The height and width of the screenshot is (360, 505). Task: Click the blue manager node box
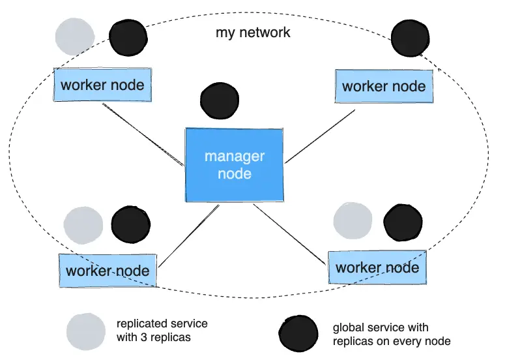pyautogui.click(x=235, y=165)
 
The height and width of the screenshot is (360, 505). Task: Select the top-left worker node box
pyautogui.click(x=102, y=84)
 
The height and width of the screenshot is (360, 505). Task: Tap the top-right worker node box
pyautogui.click(x=384, y=86)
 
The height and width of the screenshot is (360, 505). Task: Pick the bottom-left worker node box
pyautogui.click(x=108, y=271)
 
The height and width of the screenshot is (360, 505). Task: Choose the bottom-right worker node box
pyautogui.click(x=377, y=267)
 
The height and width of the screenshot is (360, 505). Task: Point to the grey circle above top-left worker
pyautogui.click(x=74, y=37)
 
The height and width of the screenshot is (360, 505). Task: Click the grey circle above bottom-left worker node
pyautogui.click(x=83, y=226)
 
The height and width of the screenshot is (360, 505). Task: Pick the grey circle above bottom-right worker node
pyautogui.click(x=353, y=220)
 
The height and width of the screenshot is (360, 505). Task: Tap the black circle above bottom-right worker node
pyautogui.click(x=403, y=222)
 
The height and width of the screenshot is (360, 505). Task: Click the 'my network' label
pyautogui.click(x=253, y=33)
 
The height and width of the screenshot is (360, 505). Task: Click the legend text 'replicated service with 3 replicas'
pyautogui.click(x=162, y=331)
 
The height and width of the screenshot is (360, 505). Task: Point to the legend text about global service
pyautogui.click(x=391, y=334)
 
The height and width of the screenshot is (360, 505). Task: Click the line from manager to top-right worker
pyautogui.click(x=320, y=136)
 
